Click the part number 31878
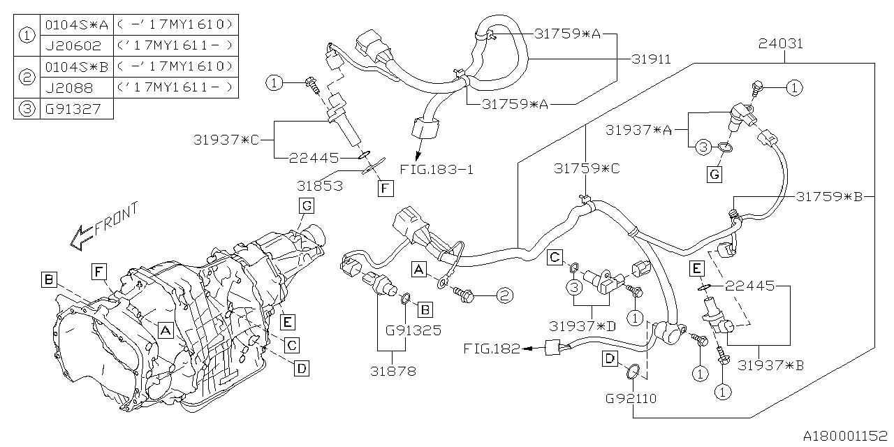(x=394, y=371)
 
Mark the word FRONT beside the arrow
(x=116, y=219)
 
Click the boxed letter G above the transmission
(x=305, y=205)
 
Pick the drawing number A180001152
(x=843, y=435)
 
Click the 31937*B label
(x=771, y=364)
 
